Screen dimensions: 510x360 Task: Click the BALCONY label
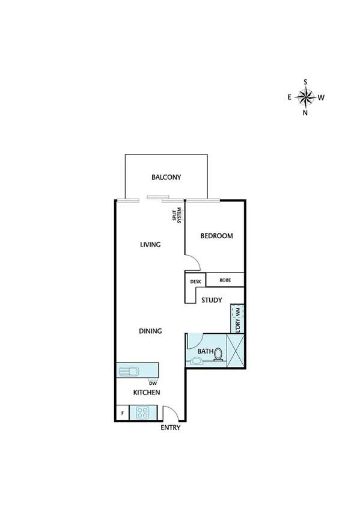point(166,177)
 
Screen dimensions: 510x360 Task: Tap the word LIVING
point(150,245)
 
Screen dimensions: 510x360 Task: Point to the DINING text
point(150,331)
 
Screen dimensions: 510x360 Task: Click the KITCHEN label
point(147,393)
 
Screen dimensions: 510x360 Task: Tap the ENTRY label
point(170,428)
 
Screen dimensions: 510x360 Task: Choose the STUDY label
point(212,300)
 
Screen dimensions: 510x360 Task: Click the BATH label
point(206,351)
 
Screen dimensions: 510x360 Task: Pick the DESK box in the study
point(195,281)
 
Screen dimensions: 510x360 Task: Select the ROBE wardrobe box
point(225,280)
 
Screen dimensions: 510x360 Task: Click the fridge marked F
point(123,414)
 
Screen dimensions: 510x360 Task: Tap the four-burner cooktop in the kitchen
point(143,413)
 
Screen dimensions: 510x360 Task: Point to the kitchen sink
point(129,370)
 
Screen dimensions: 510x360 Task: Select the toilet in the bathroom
point(219,355)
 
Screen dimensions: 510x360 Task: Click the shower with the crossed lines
point(236,349)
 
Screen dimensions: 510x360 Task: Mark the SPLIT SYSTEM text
point(176,215)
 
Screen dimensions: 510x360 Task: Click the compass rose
point(306,97)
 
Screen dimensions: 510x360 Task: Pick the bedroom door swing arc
point(191,262)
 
